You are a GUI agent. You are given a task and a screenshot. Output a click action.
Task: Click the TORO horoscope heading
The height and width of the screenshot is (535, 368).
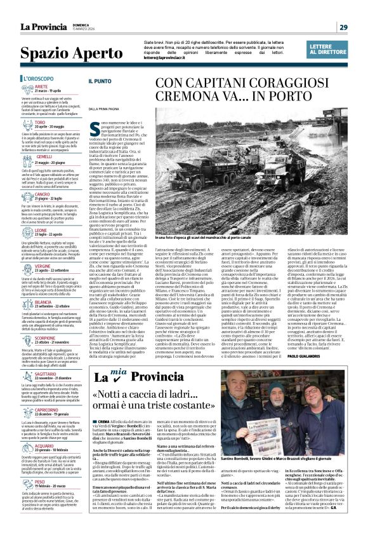click(40, 121)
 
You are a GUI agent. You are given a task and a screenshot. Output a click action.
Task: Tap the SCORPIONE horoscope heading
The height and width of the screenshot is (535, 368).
click(48, 338)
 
